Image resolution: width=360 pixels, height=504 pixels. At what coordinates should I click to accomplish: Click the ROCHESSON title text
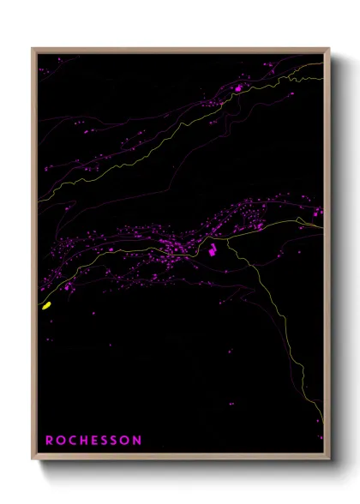pyautogui.click(x=93, y=440)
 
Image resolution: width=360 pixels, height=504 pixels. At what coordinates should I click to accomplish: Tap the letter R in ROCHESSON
pyautogui.click(x=49, y=440)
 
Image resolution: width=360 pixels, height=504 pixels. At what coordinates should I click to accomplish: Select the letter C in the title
pyautogui.click(x=72, y=440)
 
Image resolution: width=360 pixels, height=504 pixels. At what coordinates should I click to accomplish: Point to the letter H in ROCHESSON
pyautogui.click(x=83, y=440)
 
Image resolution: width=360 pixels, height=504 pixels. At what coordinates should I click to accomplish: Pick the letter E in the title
pyautogui.click(x=94, y=440)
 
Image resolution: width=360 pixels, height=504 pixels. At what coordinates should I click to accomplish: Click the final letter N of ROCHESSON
pyautogui.click(x=138, y=440)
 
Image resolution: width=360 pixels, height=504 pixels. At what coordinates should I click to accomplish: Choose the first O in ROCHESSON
pyautogui.click(x=60, y=440)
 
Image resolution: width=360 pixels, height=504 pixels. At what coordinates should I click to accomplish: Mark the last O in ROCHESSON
pyautogui.click(x=126, y=440)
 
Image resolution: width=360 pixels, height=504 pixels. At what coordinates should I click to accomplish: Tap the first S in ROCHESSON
pyautogui.click(x=105, y=440)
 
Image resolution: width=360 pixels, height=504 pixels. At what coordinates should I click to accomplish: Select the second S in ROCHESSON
pyautogui.click(x=115, y=440)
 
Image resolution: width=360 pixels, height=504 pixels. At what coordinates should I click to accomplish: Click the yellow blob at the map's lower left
pyautogui.click(x=47, y=304)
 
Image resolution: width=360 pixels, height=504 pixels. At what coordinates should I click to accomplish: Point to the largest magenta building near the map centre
pyautogui.click(x=209, y=250)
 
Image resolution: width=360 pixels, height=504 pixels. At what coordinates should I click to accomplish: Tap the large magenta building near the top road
pyautogui.click(x=237, y=87)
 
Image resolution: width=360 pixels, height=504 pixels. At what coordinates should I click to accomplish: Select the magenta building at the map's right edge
pyautogui.click(x=318, y=211)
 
